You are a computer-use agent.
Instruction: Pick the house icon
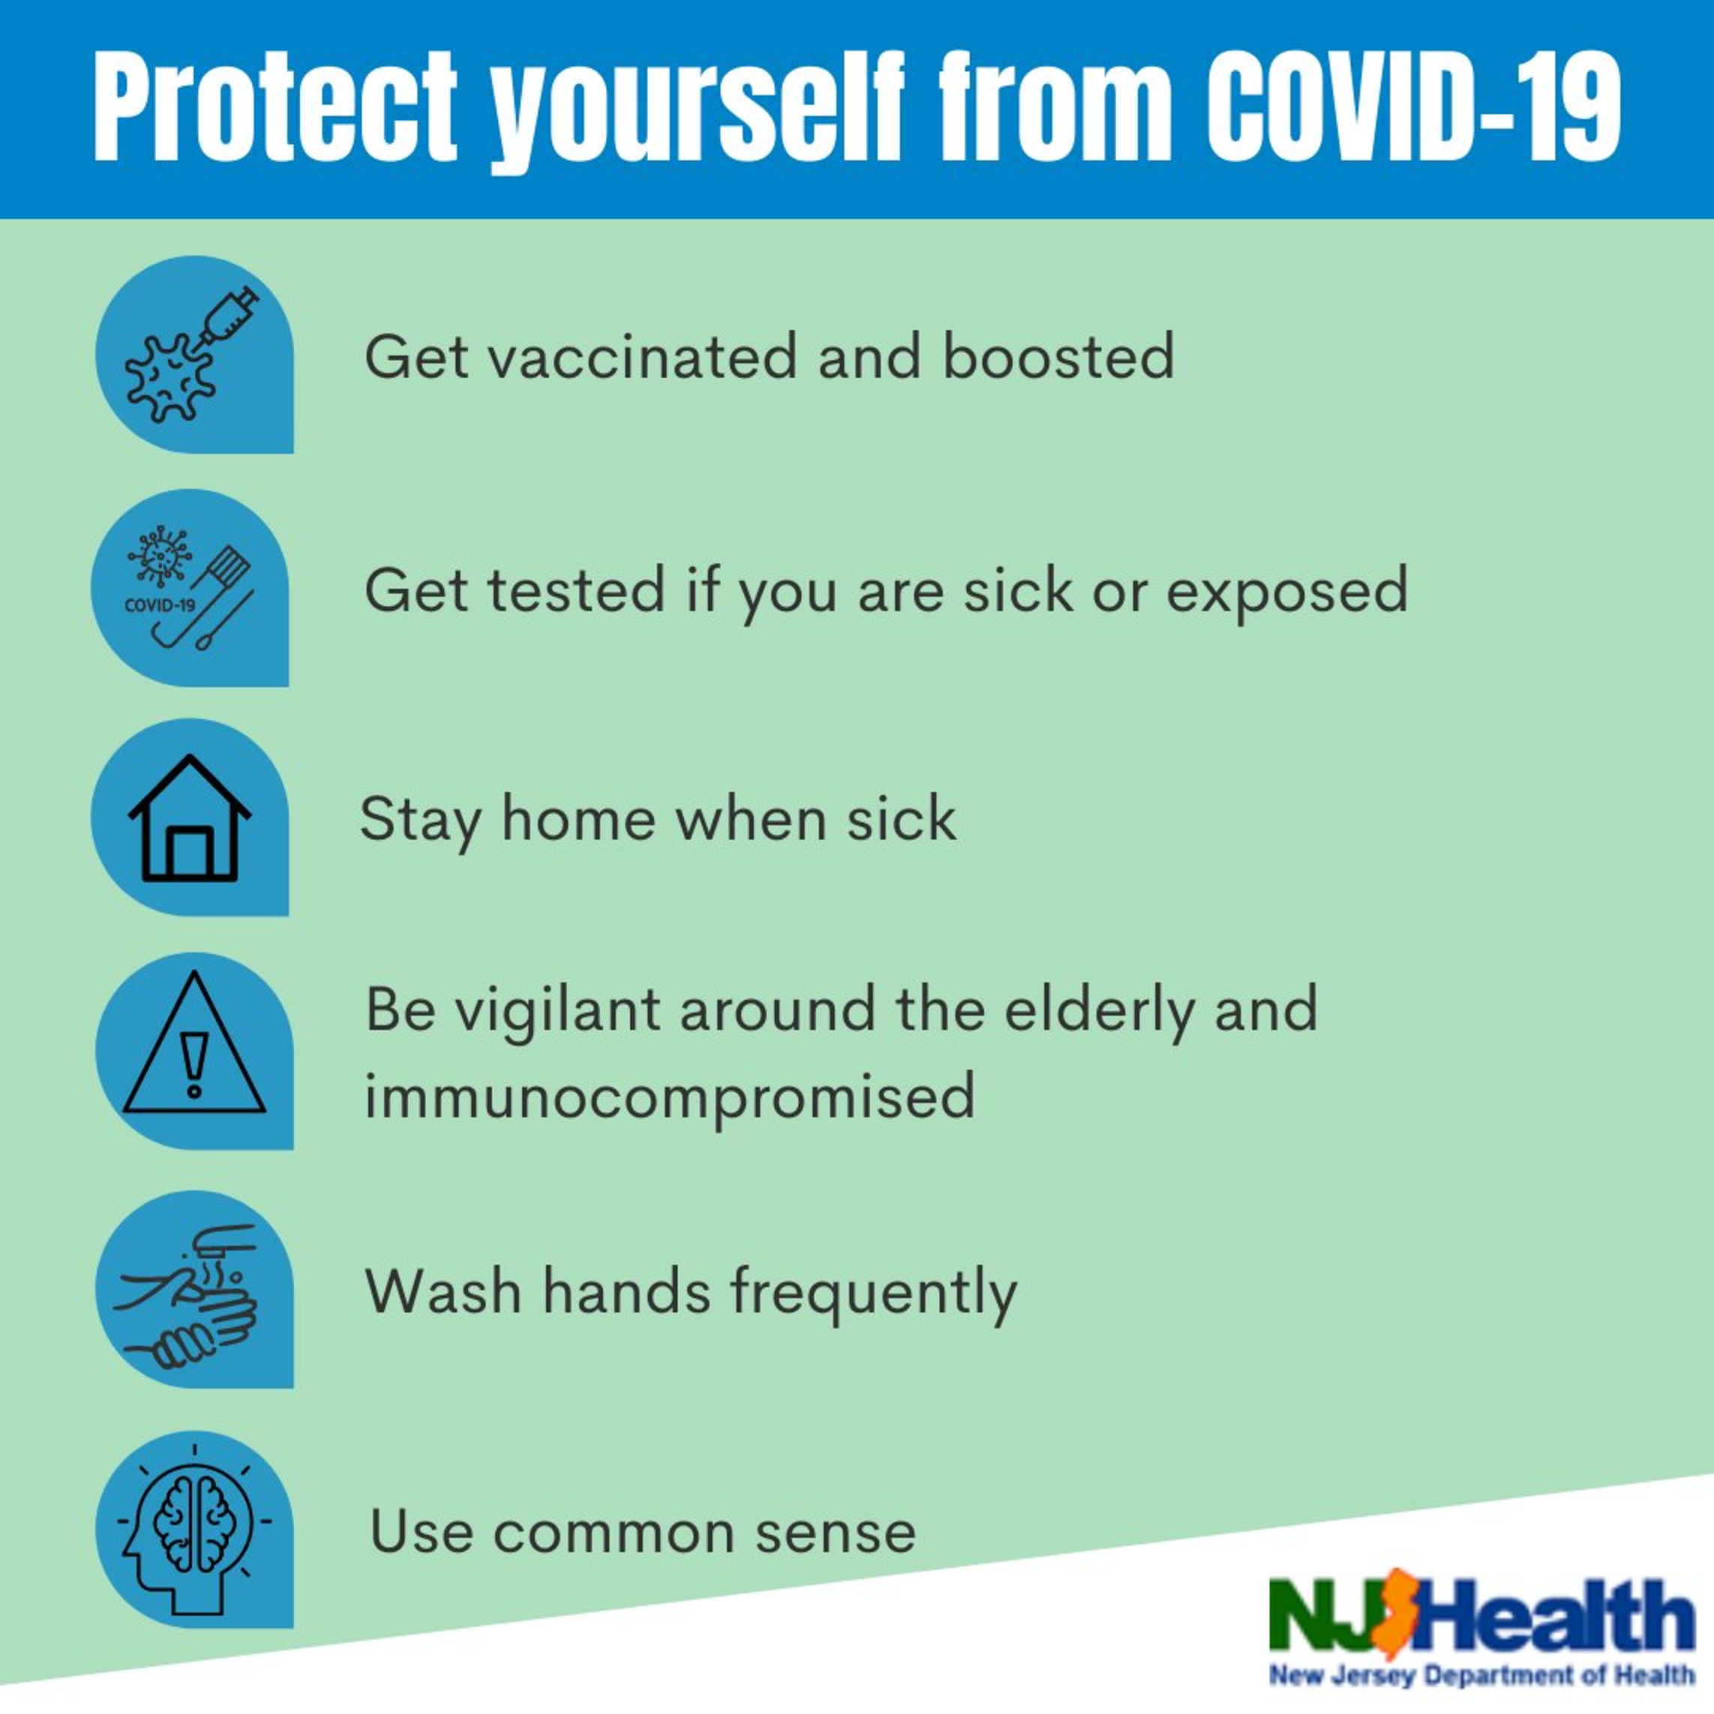(190, 817)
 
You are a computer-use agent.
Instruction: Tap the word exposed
(1287, 591)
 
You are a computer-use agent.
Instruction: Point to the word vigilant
(558, 1011)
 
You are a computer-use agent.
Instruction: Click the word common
(614, 1534)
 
